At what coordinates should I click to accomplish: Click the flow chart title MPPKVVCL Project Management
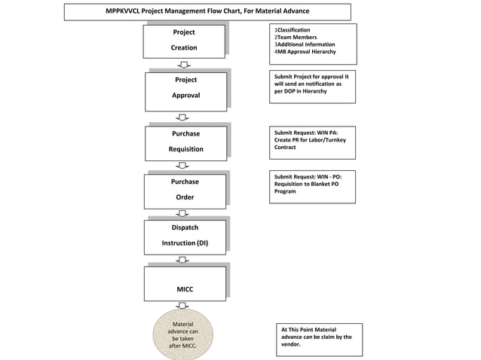coord(207,11)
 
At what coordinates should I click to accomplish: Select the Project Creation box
coord(184,41)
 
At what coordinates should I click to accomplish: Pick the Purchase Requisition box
coord(185,142)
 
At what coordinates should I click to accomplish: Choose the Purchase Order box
coord(185,190)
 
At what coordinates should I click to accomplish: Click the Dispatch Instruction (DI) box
coord(185,236)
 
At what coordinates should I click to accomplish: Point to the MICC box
coord(185,283)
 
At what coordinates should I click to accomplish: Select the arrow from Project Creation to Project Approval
coord(183,65)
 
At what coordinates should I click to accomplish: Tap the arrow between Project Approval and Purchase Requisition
coord(182,117)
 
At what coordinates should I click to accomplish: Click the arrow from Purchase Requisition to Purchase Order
coord(182,166)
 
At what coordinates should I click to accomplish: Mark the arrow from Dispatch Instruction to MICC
coord(182,260)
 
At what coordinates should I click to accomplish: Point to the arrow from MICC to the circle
coord(182,305)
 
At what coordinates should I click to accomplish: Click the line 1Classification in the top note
coord(293,30)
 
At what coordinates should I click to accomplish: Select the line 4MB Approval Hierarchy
coord(305,52)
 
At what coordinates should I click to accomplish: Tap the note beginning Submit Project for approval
coord(311,86)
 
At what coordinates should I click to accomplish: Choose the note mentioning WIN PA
coord(311,139)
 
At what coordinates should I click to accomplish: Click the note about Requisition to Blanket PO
coord(311,185)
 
